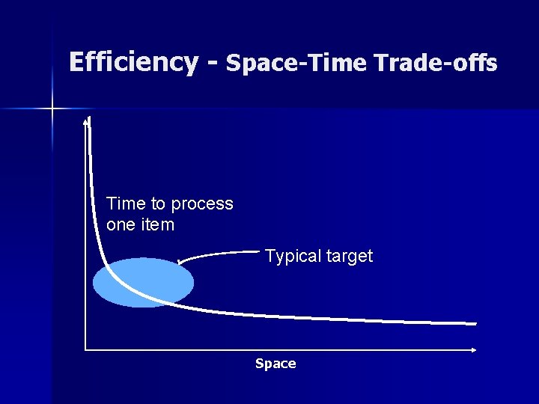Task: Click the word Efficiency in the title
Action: [133, 62]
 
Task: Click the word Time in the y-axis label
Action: [122, 203]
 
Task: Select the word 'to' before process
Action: [159, 203]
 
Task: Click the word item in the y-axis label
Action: [156, 224]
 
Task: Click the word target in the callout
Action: [350, 257]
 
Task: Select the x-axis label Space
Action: [275, 364]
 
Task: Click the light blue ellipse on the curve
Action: [143, 283]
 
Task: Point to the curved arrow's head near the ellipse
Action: [179, 263]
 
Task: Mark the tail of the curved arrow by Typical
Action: [259, 251]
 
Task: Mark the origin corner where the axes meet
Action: [85, 349]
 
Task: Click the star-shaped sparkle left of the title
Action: [52, 109]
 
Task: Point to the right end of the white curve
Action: [475, 324]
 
